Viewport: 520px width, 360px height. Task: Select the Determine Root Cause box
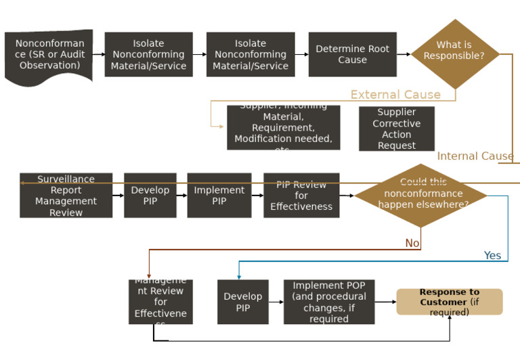pos(352,54)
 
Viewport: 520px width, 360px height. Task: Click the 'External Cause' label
pos(395,95)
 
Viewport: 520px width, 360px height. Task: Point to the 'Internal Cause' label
pos(475,156)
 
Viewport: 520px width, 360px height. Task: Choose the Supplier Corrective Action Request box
pos(397,129)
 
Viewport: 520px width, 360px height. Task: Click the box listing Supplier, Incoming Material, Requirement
pos(283,128)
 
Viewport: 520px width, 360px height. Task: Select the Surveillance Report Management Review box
pos(66,196)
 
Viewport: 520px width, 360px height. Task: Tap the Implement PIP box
pos(219,196)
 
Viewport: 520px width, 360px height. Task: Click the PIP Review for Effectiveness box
pos(301,196)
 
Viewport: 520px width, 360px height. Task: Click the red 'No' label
pos(412,243)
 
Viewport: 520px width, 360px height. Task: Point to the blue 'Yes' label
pos(492,255)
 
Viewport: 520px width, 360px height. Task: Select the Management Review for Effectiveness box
pos(160,302)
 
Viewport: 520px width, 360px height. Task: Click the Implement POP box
pos(329,302)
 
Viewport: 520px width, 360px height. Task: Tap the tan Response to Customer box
pos(450,302)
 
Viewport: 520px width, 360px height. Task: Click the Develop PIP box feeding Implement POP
pos(242,302)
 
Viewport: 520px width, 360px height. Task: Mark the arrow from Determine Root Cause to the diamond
pos(404,54)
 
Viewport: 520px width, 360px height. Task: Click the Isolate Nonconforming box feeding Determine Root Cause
pos(251,54)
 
